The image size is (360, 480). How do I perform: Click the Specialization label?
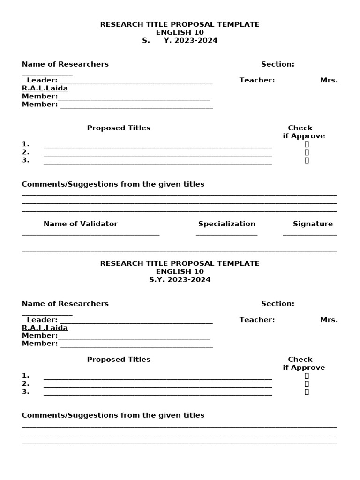tap(227, 224)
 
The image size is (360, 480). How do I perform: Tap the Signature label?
tap(313, 224)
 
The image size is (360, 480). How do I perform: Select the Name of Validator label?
tap(81, 224)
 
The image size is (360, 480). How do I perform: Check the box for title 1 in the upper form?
tap(307, 144)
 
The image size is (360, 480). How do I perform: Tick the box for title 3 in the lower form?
tap(307, 392)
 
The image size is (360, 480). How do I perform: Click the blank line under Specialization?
tap(226, 235)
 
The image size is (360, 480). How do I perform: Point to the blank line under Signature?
tap(310, 235)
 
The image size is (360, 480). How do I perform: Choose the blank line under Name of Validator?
tap(90, 235)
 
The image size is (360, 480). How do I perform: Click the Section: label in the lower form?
tap(277, 304)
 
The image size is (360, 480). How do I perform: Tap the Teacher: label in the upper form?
tap(257, 80)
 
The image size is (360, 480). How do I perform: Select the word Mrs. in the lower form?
tap(329, 320)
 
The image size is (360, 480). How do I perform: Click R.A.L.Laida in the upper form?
tap(45, 89)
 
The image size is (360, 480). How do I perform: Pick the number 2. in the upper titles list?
tap(26, 152)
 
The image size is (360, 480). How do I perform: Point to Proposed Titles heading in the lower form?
tap(119, 360)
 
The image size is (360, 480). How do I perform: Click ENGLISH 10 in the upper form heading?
tap(180, 33)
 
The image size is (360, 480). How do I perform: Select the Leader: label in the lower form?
tap(42, 320)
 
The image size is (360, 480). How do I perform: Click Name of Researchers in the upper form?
tap(65, 64)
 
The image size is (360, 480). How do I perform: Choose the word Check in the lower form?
tap(300, 360)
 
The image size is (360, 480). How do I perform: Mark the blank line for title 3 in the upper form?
tap(157, 163)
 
